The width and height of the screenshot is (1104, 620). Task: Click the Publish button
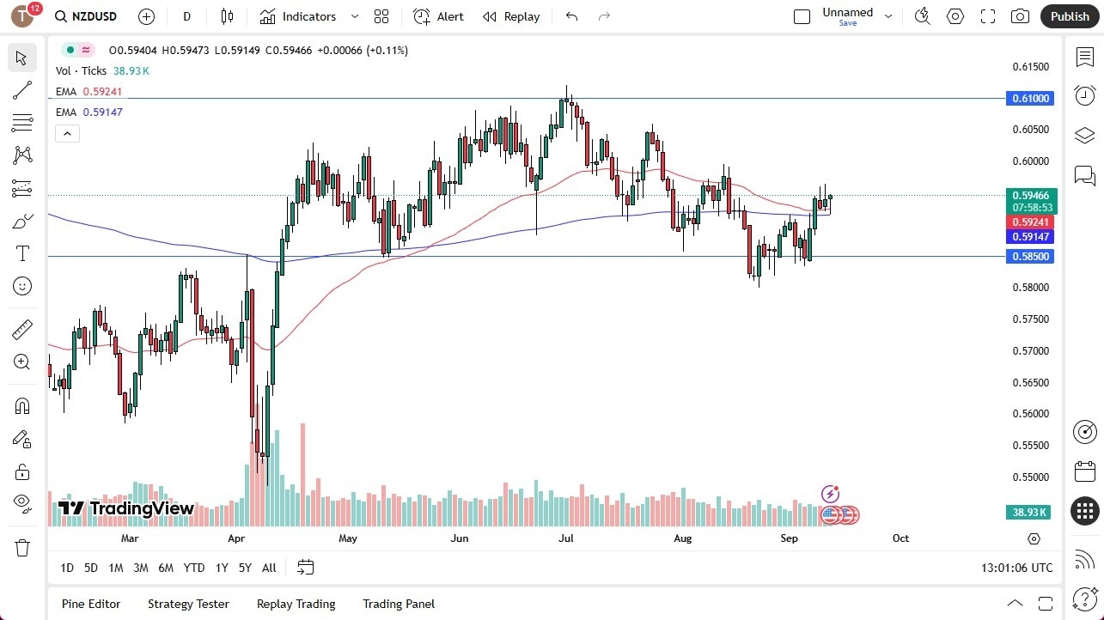(x=1070, y=16)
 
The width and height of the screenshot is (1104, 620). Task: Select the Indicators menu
(x=308, y=16)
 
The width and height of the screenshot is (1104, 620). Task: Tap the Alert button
(x=438, y=16)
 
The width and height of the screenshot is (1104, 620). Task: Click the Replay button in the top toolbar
(x=511, y=16)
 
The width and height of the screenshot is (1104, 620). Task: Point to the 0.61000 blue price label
(x=1030, y=99)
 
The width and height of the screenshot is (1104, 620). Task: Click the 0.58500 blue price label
(x=1030, y=256)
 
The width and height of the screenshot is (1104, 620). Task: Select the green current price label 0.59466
(x=1030, y=196)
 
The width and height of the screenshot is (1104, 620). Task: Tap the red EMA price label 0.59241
(x=1030, y=222)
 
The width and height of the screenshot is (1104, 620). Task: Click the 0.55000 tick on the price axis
(x=1030, y=477)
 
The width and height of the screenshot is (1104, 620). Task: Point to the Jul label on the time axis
(x=566, y=538)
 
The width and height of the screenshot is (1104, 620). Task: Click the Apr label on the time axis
(x=237, y=538)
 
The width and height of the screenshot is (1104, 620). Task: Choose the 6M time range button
(x=166, y=568)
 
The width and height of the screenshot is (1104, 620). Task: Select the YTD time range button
(x=194, y=568)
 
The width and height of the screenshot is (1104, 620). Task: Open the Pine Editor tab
(x=91, y=604)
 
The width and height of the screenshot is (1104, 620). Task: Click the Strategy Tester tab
(x=188, y=604)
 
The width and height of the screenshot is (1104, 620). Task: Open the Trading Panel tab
(x=399, y=604)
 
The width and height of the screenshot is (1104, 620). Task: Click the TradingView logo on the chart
(x=126, y=508)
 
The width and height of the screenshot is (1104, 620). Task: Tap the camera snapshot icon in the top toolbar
(x=1020, y=16)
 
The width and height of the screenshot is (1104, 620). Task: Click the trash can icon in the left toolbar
(x=22, y=548)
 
